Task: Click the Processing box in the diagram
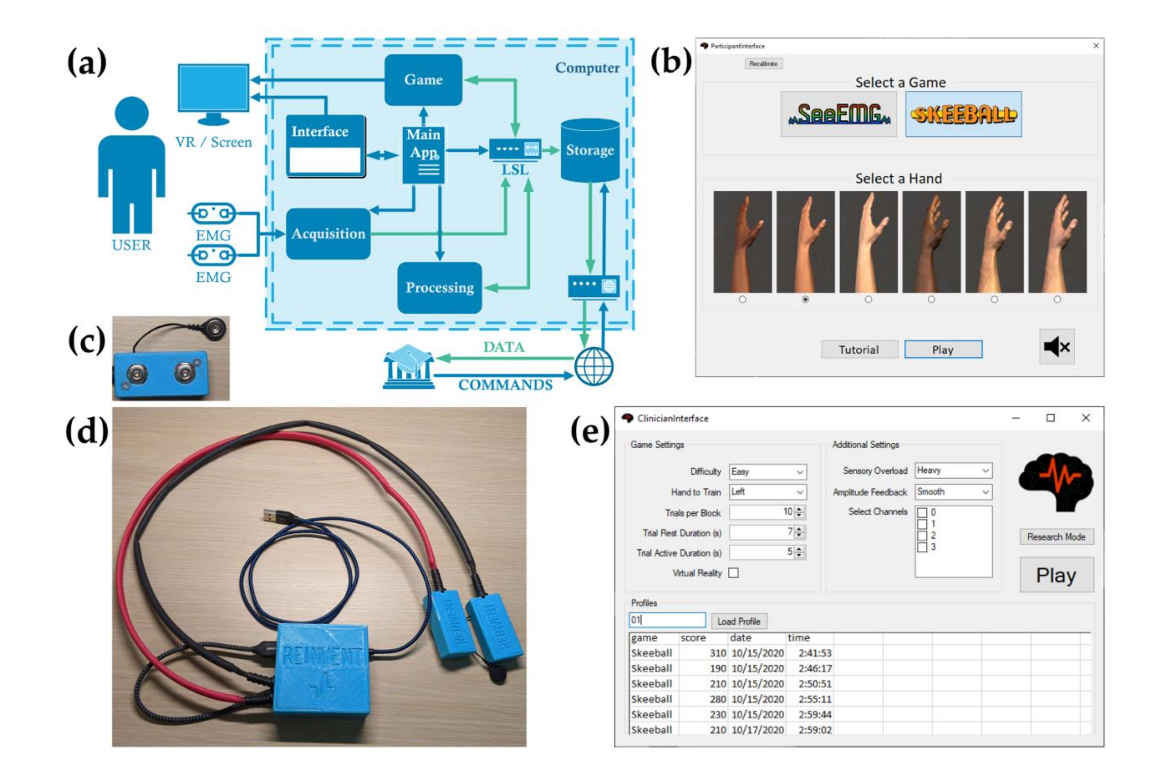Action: coord(440,288)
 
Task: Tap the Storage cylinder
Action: coord(590,150)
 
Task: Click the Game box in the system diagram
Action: coord(423,80)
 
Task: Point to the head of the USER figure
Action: coord(131,113)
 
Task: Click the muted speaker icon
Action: coord(1057,347)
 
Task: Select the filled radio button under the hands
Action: coord(805,299)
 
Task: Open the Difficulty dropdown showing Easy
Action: coord(767,472)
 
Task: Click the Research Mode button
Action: coord(1056,537)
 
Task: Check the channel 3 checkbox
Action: coord(922,547)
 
